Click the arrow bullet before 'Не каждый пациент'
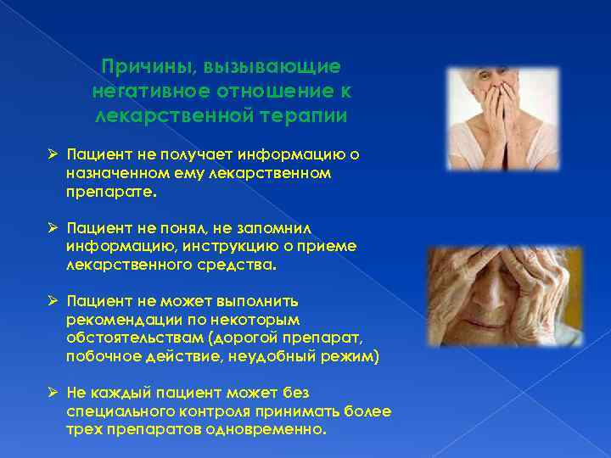pyautogui.click(x=52, y=393)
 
